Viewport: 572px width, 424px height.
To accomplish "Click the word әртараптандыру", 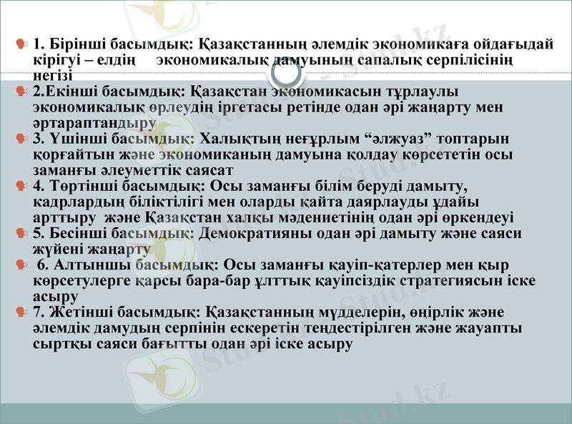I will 94,122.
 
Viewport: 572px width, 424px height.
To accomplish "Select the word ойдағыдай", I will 512,44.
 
